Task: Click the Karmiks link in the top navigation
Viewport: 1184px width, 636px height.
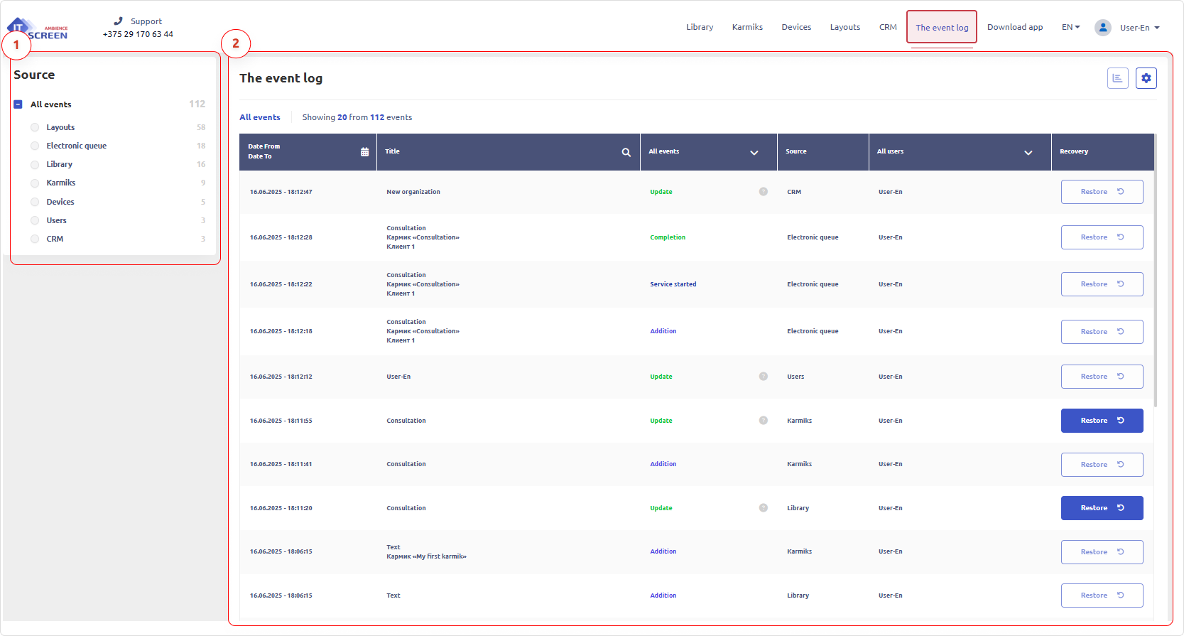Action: pos(747,27)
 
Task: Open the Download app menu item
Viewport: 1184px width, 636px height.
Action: pos(1014,27)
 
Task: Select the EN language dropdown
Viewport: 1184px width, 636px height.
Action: pos(1070,27)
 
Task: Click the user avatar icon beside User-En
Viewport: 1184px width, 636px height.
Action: pos(1102,28)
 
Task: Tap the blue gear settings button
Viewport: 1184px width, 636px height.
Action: pos(1146,78)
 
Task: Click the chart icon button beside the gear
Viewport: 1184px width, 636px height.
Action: pos(1117,78)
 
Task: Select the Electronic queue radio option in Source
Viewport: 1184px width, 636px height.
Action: pos(35,146)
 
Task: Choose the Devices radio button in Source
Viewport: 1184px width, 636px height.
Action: pos(35,202)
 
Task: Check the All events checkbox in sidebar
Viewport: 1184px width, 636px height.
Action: pos(18,104)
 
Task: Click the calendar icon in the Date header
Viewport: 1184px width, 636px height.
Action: pos(364,152)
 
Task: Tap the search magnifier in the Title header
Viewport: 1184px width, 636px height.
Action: pos(626,152)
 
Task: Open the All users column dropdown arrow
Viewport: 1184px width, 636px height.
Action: pos(1028,153)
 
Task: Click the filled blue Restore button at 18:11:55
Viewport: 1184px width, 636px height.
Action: pos(1102,421)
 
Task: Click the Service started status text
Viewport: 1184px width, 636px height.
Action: pos(673,284)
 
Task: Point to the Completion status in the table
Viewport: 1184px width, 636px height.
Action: pos(668,237)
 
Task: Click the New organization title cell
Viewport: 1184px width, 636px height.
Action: pos(413,192)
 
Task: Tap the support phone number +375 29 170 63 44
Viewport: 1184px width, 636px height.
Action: pos(138,34)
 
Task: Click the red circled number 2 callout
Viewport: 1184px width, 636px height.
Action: pos(236,44)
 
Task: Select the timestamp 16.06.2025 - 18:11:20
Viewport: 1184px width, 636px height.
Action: pos(281,508)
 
